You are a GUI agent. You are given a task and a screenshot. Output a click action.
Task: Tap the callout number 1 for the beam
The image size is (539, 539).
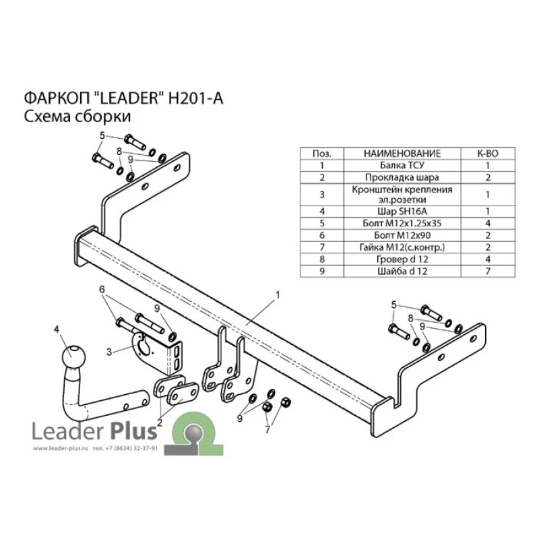pyautogui.click(x=277, y=295)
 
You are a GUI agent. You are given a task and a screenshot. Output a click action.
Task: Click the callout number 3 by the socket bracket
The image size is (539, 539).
pyautogui.click(x=109, y=352)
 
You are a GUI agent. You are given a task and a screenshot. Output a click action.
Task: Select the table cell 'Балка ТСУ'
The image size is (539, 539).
pyautogui.click(x=402, y=165)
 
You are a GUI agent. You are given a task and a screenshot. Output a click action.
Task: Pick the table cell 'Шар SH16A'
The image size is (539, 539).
pyautogui.click(x=402, y=212)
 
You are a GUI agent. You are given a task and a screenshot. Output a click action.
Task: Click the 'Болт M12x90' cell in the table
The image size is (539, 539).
pyautogui.click(x=402, y=235)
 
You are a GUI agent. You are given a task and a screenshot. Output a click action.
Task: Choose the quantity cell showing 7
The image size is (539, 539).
pyautogui.click(x=488, y=272)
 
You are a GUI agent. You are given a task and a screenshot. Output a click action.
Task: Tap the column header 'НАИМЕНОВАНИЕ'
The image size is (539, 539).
pyautogui.click(x=402, y=154)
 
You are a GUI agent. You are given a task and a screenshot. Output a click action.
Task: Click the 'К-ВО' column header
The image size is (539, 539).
pyautogui.click(x=488, y=154)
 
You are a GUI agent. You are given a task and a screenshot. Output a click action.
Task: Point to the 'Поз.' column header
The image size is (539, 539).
pyautogui.click(x=322, y=154)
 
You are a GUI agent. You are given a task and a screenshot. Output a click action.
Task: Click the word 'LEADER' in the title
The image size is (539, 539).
pyautogui.click(x=127, y=98)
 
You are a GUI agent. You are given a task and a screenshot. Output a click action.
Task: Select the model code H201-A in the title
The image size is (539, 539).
pyautogui.click(x=195, y=98)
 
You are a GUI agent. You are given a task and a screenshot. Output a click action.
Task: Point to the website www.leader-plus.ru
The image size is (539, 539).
pyautogui.click(x=61, y=448)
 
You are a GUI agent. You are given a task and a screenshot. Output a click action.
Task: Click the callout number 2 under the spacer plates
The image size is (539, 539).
pyautogui.click(x=160, y=422)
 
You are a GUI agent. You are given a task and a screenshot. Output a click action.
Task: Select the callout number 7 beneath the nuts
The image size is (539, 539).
pyautogui.click(x=267, y=429)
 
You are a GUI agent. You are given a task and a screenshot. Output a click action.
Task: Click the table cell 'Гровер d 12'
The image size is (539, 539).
pyautogui.click(x=402, y=259)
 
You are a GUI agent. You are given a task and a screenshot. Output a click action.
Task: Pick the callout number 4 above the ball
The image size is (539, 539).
pyautogui.click(x=56, y=329)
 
